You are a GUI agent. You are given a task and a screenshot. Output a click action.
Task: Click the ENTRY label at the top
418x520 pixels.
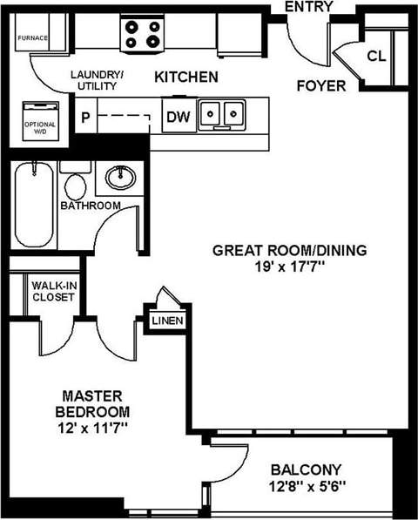(x=310, y=8)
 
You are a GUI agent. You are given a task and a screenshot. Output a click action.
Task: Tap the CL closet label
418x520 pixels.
(x=375, y=57)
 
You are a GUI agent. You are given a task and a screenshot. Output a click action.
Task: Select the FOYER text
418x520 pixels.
(x=321, y=86)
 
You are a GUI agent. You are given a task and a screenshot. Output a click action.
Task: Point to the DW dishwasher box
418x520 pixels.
(x=177, y=116)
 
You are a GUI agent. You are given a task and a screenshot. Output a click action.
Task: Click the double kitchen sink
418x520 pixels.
(x=221, y=114)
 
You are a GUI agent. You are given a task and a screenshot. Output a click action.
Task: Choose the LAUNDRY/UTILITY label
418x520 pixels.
(x=98, y=82)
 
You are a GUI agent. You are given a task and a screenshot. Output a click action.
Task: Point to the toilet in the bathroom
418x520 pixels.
(x=77, y=185)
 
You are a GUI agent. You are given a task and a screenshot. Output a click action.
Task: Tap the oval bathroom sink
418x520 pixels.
(x=120, y=179)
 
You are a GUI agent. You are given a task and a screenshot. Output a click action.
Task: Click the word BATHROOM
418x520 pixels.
(x=90, y=206)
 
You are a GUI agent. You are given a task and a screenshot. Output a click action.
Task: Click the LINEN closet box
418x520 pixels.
(x=167, y=321)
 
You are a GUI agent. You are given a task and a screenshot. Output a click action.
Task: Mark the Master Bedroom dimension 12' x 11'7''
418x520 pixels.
(x=91, y=428)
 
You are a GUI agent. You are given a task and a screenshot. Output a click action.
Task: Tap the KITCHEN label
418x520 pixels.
(x=186, y=78)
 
